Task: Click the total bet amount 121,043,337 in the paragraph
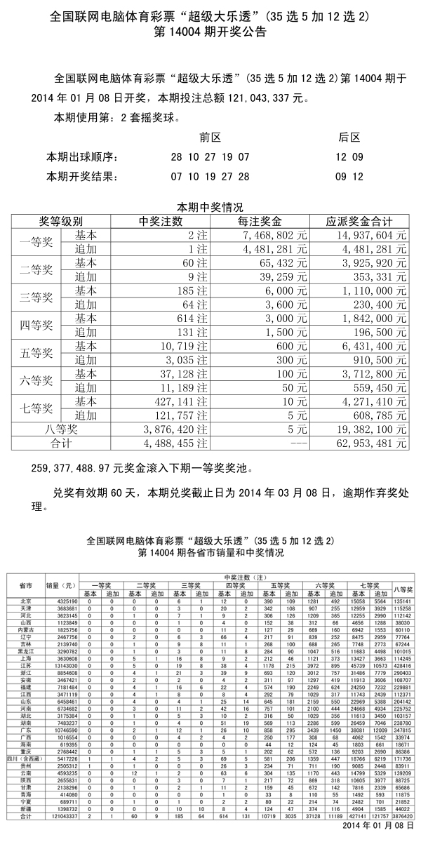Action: pyautogui.click(x=263, y=98)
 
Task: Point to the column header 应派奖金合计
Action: pyautogui.click(x=359, y=222)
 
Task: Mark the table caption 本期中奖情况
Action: pyautogui.click(x=210, y=207)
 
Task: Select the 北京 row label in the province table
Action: pyautogui.click(x=25, y=601)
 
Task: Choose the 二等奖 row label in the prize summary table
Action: pyautogui.click(x=40, y=270)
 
